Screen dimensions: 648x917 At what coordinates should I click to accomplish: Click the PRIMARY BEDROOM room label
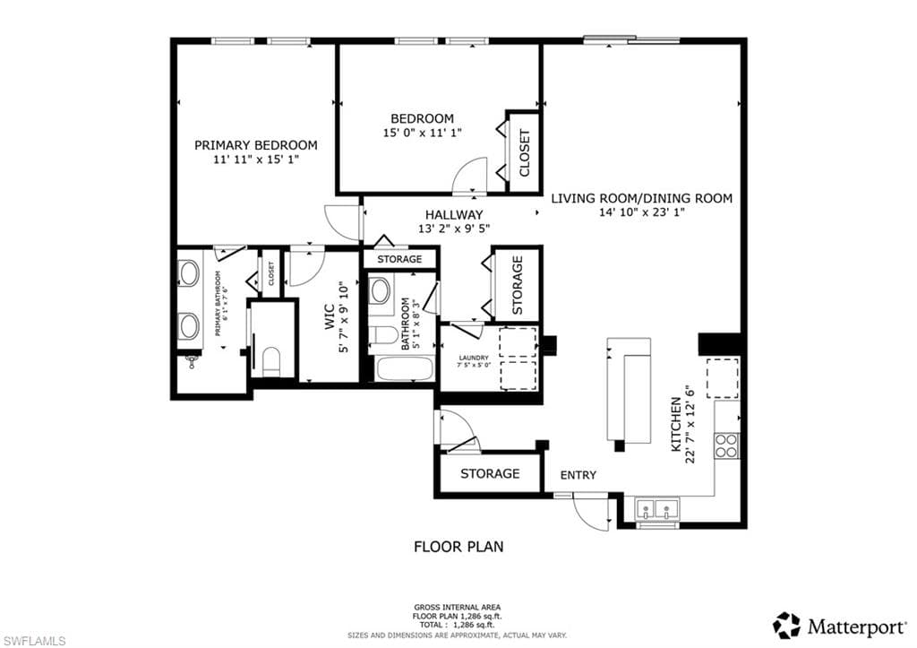pyautogui.click(x=255, y=145)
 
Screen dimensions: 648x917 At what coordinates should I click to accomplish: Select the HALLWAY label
pyautogui.click(x=454, y=215)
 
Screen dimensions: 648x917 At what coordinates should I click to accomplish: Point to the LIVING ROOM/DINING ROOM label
pyautogui.click(x=641, y=198)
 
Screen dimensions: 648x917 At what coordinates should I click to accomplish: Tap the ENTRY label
pyautogui.click(x=578, y=475)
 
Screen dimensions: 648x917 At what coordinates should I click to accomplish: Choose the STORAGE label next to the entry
pyautogui.click(x=490, y=473)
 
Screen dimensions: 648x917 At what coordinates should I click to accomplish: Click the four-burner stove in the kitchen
pyautogui.click(x=726, y=445)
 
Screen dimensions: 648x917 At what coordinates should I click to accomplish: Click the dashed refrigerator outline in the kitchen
pyautogui.click(x=723, y=377)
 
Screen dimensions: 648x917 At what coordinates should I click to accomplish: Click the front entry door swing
pyautogui.click(x=590, y=511)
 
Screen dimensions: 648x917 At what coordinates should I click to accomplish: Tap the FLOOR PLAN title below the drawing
pyautogui.click(x=458, y=546)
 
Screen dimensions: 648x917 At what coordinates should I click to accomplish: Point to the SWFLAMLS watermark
pyautogui.click(x=34, y=640)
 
